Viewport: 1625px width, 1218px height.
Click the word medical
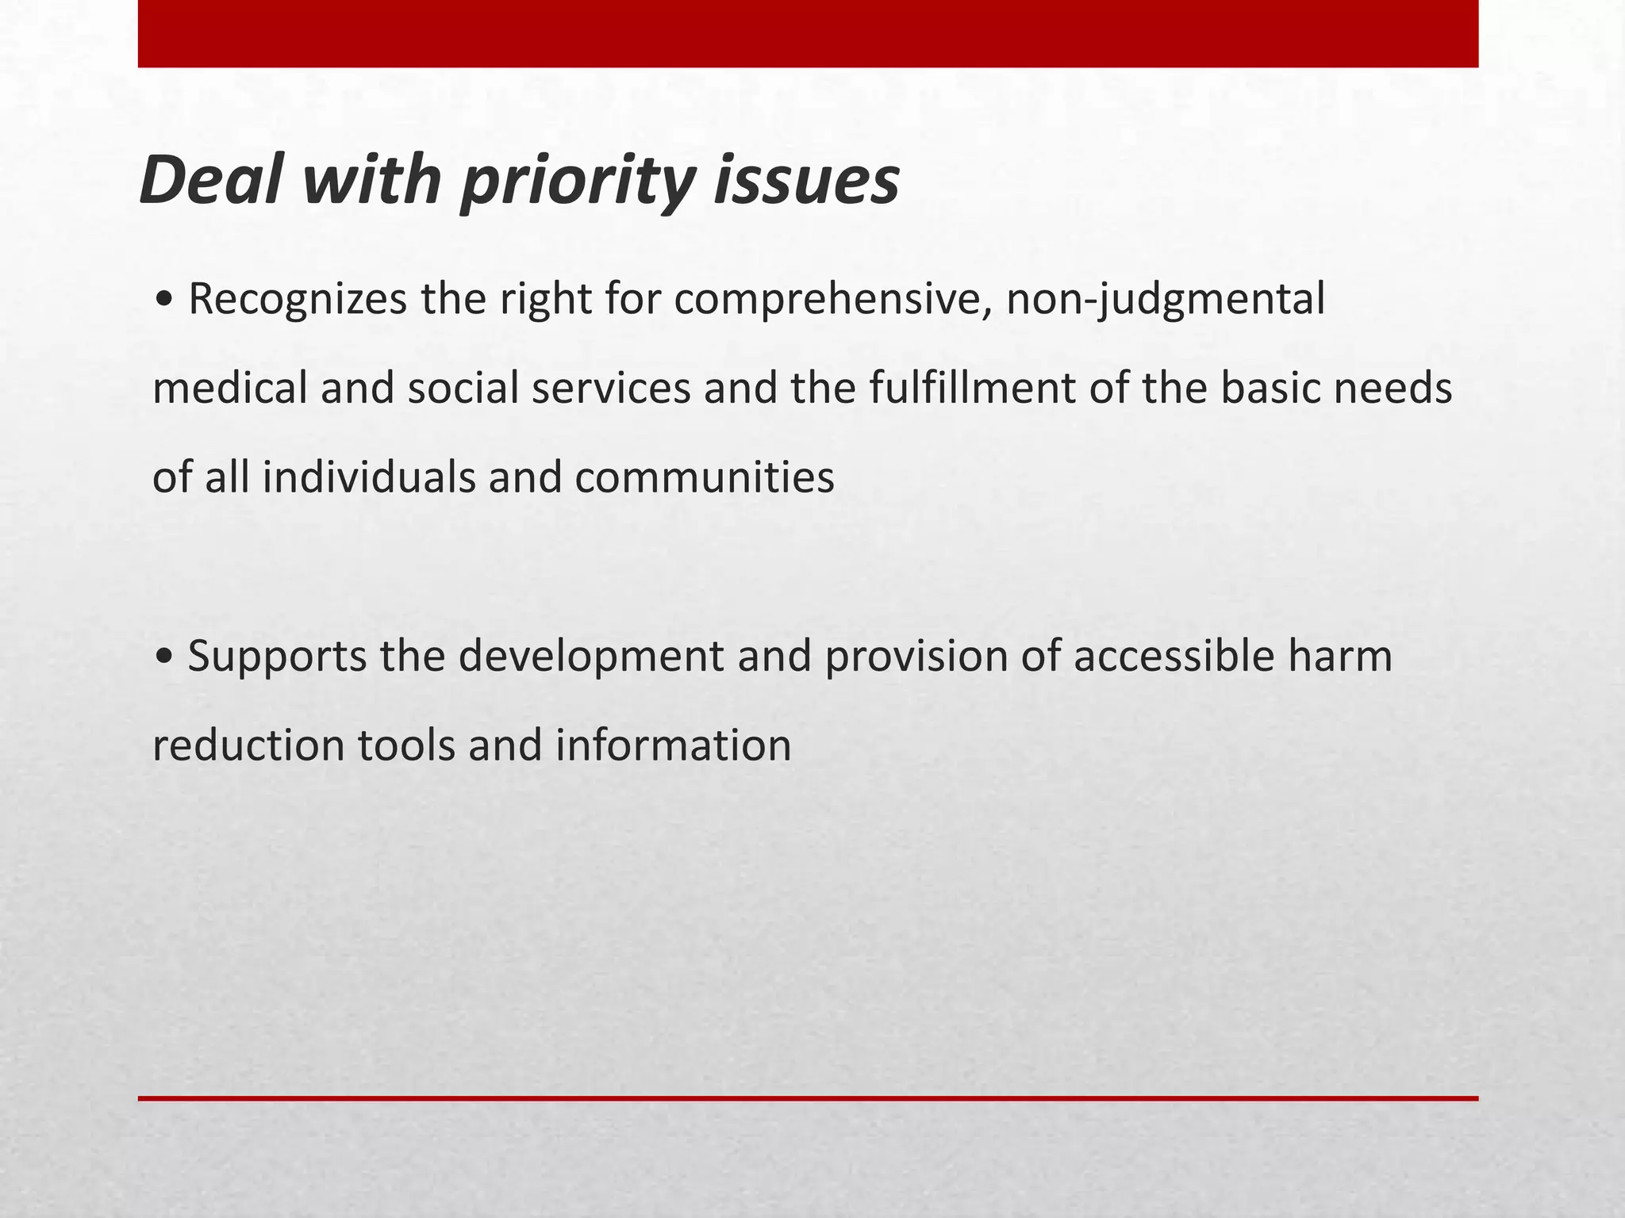(x=229, y=389)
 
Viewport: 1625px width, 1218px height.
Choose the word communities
(x=704, y=478)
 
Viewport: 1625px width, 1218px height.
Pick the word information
(x=673, y=746)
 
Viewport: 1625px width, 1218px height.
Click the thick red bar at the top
(x=808, y=33)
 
